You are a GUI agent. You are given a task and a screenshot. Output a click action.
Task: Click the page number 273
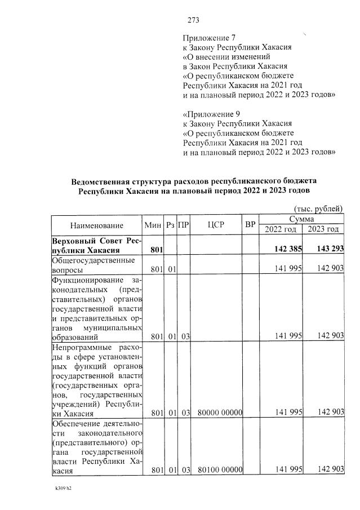pos(194,20)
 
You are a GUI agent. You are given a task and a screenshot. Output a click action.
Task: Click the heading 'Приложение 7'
pos(205,38)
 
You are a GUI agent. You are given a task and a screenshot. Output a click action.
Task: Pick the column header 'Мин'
pos(153,225)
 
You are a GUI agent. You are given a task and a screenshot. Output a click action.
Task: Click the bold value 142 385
pos(288,249)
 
